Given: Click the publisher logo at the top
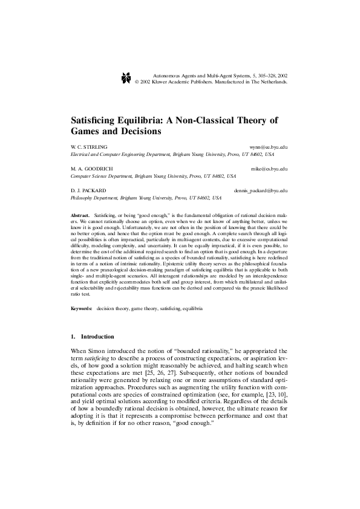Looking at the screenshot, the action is click(x=126, y=77).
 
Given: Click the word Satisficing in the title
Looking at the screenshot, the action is click(x=97, y=118).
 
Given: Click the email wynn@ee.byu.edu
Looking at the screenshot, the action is click(x=268, y=147).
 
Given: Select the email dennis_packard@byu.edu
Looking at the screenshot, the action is click(x=260, y=190).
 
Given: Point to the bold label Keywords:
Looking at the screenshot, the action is click(x=82, y=308).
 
